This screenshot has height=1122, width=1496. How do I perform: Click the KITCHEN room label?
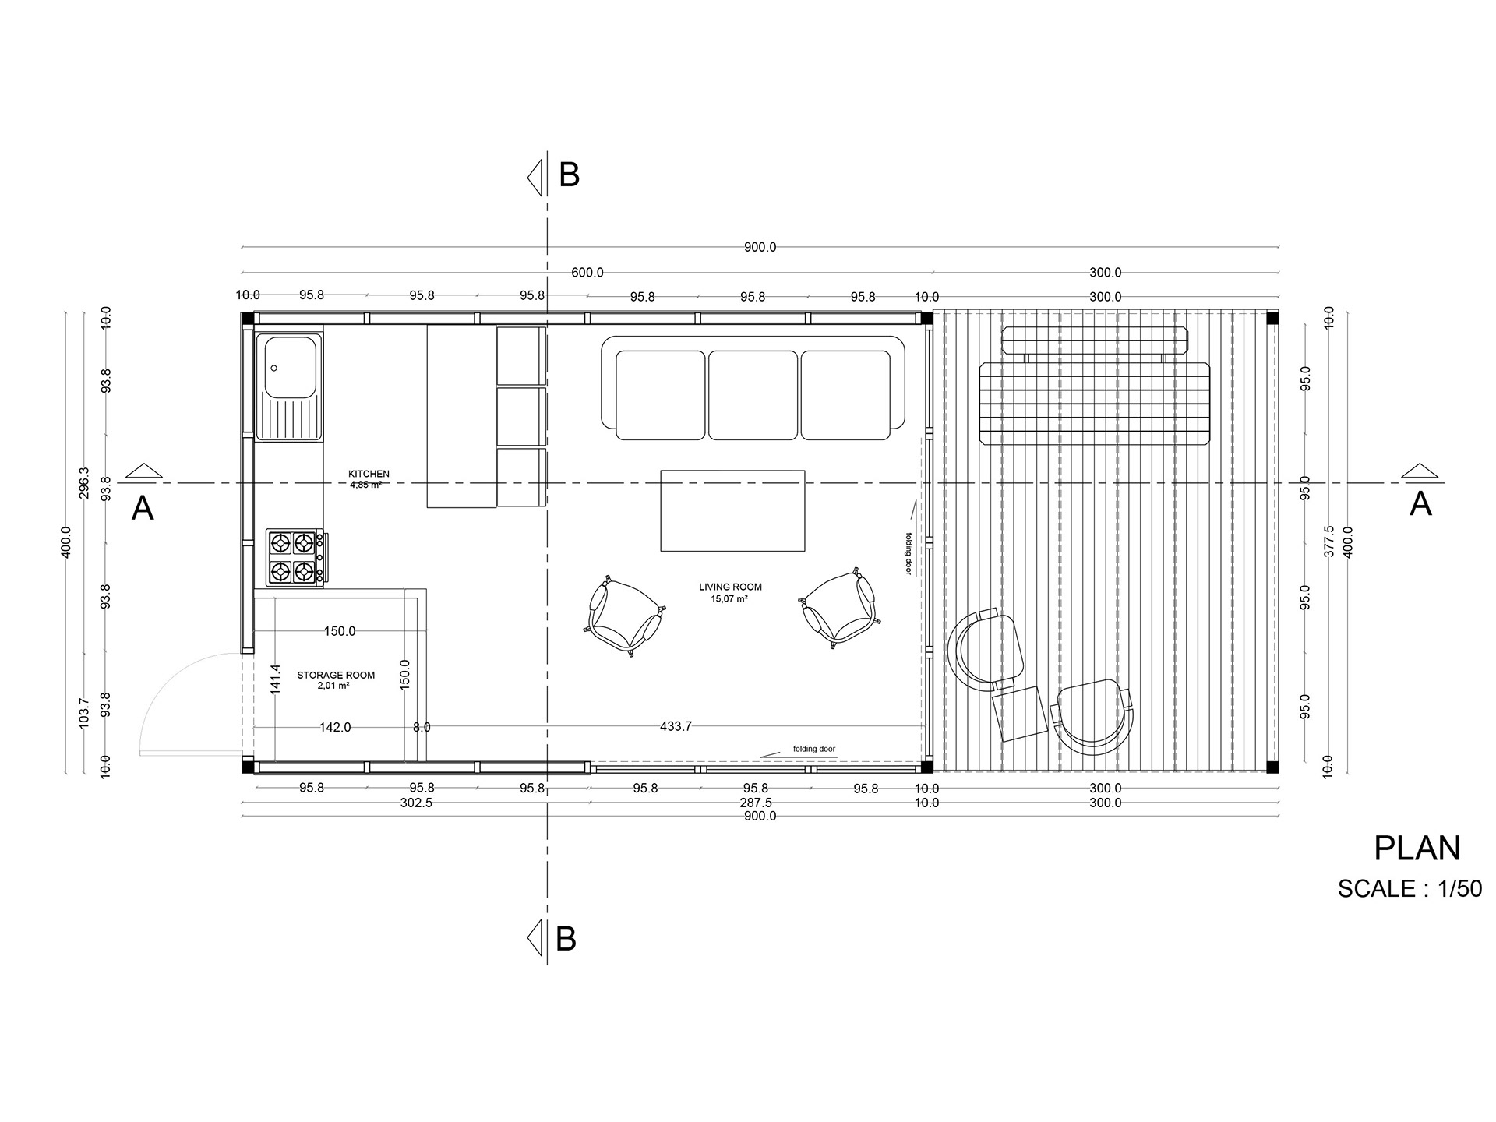(369, 474)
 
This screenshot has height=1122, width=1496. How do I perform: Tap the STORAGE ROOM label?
(336, 676)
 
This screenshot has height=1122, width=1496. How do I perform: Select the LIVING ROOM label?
(730, 587)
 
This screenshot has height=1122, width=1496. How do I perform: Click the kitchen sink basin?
(291, 366)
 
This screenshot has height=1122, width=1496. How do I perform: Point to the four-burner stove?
(295, 557)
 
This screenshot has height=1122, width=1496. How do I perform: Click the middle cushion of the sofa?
(753, 394)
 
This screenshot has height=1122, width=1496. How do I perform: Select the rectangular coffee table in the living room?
(732, 510)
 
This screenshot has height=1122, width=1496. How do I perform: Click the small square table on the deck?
(1019, 713)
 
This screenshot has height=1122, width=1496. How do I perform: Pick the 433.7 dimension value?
(676, 726)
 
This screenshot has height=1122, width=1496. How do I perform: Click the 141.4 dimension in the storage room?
(274, 679)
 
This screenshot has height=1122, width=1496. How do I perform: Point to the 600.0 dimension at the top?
(587, 273)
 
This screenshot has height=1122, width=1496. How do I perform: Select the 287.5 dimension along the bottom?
(756, 803)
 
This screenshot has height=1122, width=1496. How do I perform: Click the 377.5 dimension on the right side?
(1329, 541)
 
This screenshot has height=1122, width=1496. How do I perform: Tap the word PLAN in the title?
(1417, 849)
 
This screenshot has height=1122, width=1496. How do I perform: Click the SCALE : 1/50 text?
(1410, 889)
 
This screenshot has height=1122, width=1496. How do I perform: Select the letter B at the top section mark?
(570, 175)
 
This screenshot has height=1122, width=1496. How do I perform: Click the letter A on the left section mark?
(143, 509)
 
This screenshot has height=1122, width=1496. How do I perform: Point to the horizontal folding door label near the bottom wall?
(814, 749)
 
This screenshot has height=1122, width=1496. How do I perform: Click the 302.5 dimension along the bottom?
(416, 803)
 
